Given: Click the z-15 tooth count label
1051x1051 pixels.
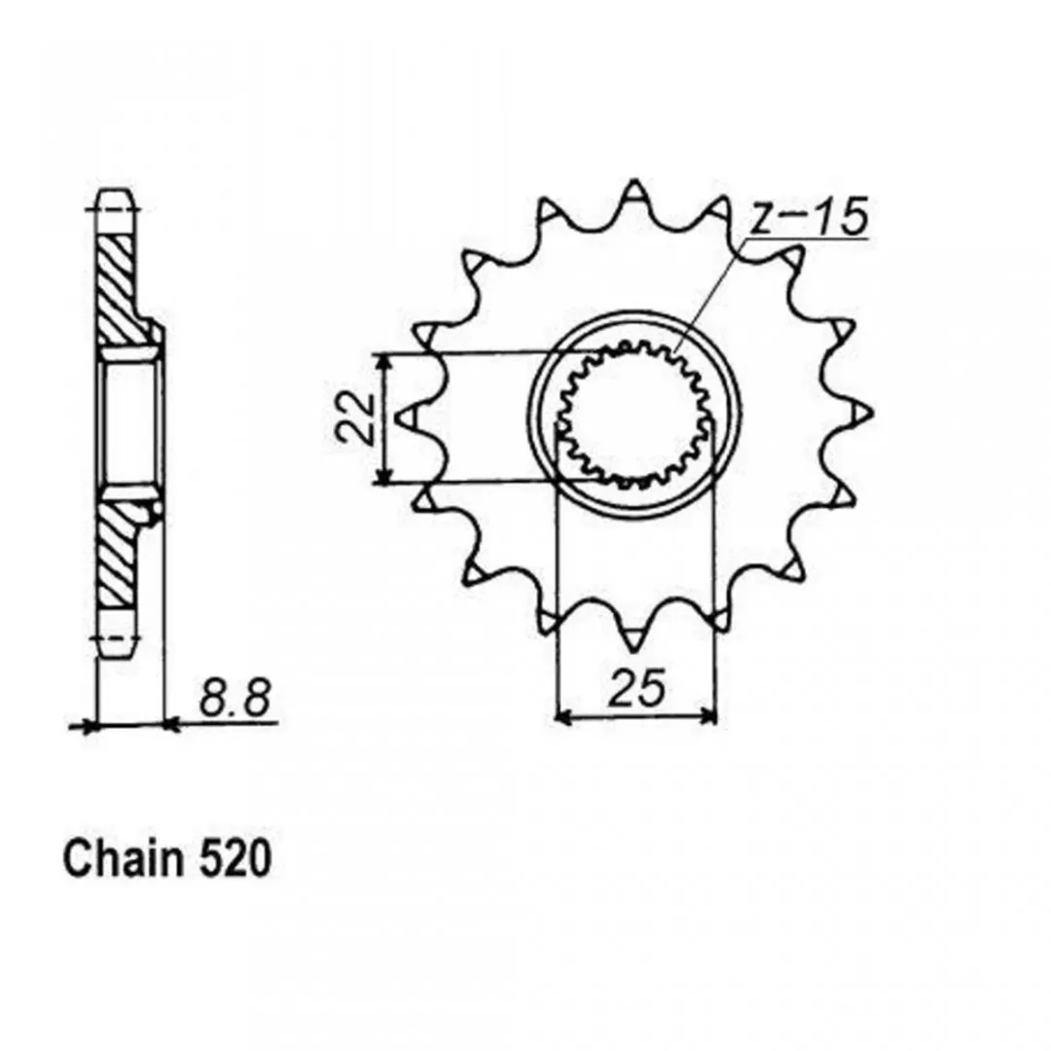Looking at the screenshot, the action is (x=809, y=216).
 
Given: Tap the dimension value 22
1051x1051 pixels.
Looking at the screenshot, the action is (x=356, y=418).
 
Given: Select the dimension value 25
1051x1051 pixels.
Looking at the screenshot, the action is (x=636, y=688).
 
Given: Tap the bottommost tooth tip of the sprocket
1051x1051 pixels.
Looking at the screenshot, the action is (x=633, y=650).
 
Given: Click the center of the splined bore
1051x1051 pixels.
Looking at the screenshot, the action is (x=634, y=416).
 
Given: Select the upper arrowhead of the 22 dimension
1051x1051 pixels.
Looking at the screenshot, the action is (x=382, y=361).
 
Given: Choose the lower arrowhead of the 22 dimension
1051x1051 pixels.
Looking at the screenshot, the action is (x=382, y=476).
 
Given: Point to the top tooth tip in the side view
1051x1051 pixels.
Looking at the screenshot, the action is (x=119, y=193).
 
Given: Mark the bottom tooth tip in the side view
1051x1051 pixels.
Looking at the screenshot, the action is (x=119, y=657).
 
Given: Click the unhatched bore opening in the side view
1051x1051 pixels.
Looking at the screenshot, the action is (x=127, y=422).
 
